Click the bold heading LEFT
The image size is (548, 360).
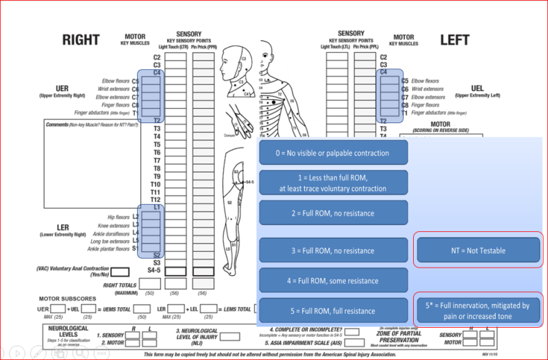(454, 40)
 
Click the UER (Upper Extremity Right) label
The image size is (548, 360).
(65, 92)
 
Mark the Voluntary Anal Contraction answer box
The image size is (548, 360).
(120, 272)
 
